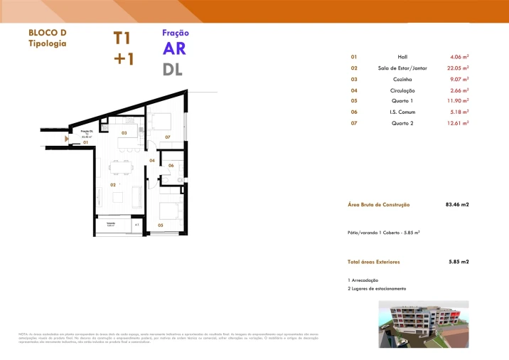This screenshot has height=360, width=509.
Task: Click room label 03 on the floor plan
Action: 124,133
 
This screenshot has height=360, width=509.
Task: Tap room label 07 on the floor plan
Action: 168,137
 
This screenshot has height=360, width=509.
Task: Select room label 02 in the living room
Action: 112,185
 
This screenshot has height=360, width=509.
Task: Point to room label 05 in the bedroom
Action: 160,225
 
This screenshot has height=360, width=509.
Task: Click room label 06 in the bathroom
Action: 171,166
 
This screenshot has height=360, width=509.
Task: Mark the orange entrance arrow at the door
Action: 67,139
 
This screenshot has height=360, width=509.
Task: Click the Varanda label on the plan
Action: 111,223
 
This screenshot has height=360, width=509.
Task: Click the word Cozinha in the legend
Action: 403,80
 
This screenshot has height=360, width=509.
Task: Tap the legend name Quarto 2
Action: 403,123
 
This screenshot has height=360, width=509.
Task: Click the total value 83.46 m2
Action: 457,205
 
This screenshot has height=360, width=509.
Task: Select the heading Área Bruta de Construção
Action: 379,205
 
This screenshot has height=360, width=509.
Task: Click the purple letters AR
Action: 175,48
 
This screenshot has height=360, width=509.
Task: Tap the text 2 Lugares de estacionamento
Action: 377,289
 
